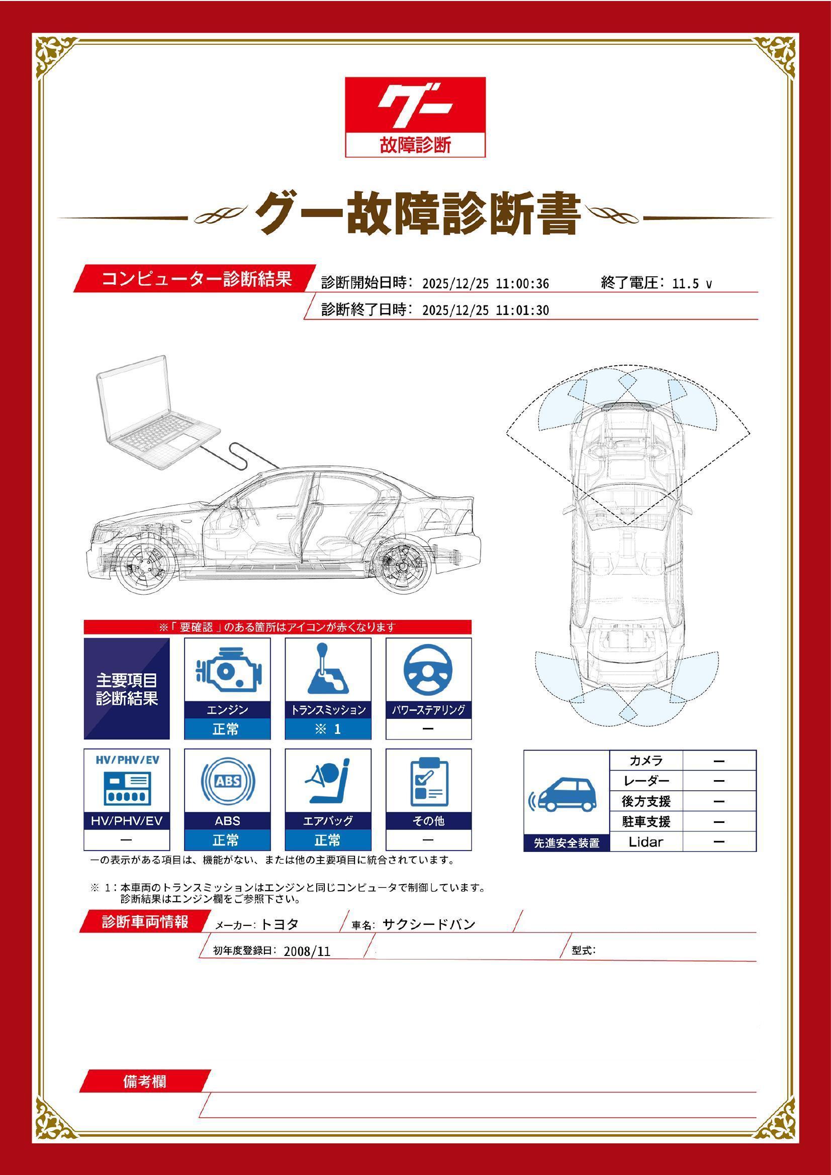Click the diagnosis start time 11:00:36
[x=522, y=284]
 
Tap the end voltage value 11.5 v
[x=691, y=284]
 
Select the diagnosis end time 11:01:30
[x=522, y=310]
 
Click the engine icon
[x=227, y=669]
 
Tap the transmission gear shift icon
[x=328, y=669]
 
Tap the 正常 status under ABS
[x=227, y=840]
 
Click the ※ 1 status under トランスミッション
[x=328, y=729]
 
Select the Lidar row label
[x=645, y=841]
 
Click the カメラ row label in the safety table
[x=645, y=761]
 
